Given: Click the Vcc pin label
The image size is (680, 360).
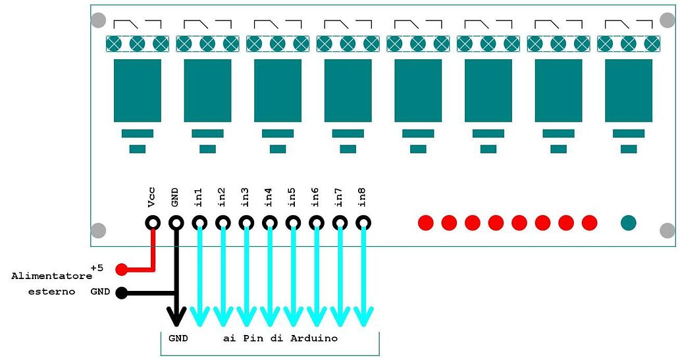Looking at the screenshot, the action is point(151,197).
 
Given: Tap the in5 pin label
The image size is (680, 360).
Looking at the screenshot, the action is point(292,197).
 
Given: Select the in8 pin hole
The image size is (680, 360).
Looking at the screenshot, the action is point(363,223).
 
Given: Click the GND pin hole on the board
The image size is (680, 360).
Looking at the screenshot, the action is point(176,223).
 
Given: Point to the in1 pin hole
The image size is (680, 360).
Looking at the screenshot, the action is point(199,223).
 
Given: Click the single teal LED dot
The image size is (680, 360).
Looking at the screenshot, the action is point(629,223).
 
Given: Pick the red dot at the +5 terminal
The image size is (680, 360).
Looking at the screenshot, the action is point(122,270).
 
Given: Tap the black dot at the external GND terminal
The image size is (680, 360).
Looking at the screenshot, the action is point(122,294).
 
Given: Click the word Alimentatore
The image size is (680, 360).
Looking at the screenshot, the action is point(51,276).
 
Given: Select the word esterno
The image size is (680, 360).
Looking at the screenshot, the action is point(51,292).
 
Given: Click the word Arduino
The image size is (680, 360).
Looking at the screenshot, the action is point(314,338).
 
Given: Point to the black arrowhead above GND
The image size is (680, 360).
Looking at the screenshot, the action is point(176,316).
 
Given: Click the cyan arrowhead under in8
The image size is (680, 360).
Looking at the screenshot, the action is point(363,316).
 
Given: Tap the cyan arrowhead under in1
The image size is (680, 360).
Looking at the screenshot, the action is point(199,316).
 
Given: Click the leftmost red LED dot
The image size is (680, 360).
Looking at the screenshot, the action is point(426,223).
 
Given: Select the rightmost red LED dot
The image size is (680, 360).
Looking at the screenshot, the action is point(589,223).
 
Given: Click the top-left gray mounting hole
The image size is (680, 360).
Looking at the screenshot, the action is point(99,20).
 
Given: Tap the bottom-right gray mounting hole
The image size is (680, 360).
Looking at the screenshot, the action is point(667,230).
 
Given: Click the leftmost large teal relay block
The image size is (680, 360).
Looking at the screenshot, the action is point(138,91).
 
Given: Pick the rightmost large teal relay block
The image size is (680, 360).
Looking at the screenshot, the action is point(629,91).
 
